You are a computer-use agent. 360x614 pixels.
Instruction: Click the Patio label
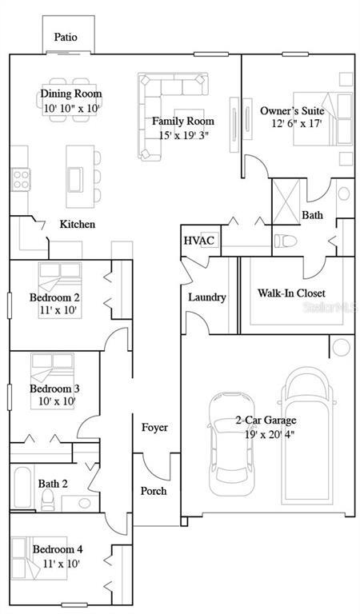[66, 37]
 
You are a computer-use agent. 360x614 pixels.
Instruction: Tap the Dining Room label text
[71, 94]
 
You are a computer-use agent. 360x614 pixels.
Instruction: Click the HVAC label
[198, 241]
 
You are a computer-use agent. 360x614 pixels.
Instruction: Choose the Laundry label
[207, 297]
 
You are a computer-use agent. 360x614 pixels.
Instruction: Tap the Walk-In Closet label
[291, 293]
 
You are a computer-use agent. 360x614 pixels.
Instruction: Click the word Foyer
[154, 428]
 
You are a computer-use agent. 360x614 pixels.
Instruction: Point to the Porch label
[154, 490]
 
